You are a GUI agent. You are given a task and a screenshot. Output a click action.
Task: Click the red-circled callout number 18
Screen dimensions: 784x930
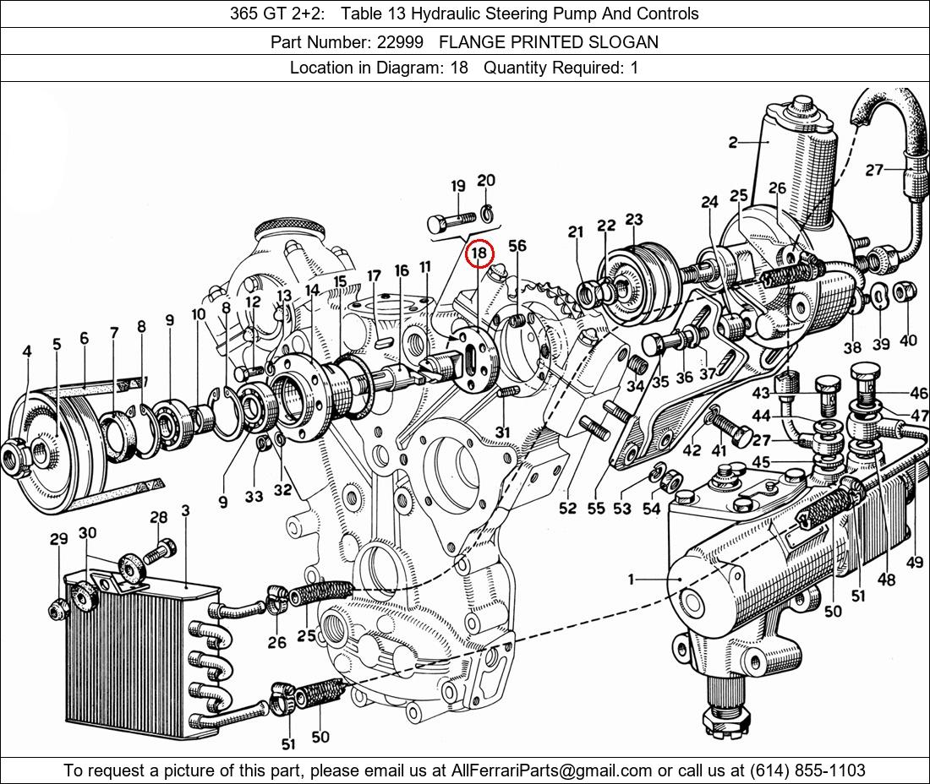point(479,253)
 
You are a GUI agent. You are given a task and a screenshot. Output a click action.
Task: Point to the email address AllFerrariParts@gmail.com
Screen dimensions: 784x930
point(552,770)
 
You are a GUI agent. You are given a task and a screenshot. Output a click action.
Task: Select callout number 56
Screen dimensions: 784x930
point(517,246)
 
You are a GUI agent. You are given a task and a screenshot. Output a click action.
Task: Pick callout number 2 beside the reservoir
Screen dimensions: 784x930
point(732,142)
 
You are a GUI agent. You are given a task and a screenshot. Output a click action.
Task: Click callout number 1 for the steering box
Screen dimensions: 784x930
point(631,580)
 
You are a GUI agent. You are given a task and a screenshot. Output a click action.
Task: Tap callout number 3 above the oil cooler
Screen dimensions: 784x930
point(184,510)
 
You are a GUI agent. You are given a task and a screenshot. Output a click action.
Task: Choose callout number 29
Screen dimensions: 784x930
point(58,539)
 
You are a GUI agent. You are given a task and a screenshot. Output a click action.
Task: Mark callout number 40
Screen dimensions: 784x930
point(908,341)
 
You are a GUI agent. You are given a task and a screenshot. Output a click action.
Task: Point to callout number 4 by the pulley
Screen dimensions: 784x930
point(27,351)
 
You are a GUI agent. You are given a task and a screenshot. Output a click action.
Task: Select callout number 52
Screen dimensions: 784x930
point(567,508)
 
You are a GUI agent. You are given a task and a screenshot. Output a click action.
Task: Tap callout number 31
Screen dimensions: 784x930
point(503,433)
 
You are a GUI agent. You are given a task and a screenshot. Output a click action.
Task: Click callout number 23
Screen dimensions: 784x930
point(634,219)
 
